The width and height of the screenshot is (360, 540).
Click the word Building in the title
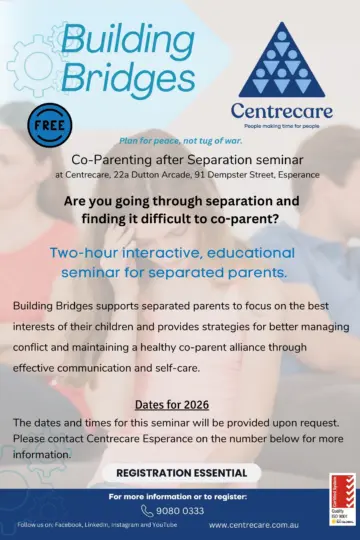click(x=127, y=38)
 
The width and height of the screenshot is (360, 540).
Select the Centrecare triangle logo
click(x=274, y=59)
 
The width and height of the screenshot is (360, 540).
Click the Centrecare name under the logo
click(x=274, y=110)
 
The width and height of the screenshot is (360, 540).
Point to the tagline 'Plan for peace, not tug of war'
click(x=180, y=143)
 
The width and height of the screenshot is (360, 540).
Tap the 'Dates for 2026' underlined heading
click(x=180, y=403)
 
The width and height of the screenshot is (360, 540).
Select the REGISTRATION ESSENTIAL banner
click(x=180, y=472)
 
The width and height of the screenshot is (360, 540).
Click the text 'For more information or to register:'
click(x=180, y=495)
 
